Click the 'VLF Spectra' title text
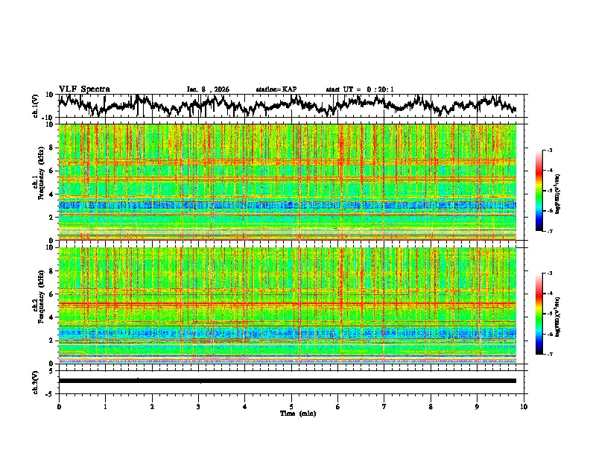pyautogui.click(x=84, y=89)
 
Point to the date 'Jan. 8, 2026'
pyautogui.click(x=207, y=89)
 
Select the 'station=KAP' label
pyautogui.click(x=276, y=89)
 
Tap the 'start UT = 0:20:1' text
pyautogui.click(x=360, y=89)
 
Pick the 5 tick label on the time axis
pyautogui.click(x=291, y=406)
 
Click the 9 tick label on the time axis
pyautogui.click(x=478, y=406)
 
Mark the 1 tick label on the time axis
pyautogui.click(x=105, y=406)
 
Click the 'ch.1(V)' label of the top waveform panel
pyautogui.click(x=36, y=106)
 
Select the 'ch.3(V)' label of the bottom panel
pyautogui.click(x=36, y=380)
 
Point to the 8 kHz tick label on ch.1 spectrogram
pyautogui.click(x=51, y=148)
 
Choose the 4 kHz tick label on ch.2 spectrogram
pyautogui.click(x=51, y=317)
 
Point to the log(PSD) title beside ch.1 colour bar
pyautogui.click(x=568, y=191)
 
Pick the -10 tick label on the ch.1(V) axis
pyautogui.click(x=48, y=118)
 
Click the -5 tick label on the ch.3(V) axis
pyautogui.click(x=50, y=392)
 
